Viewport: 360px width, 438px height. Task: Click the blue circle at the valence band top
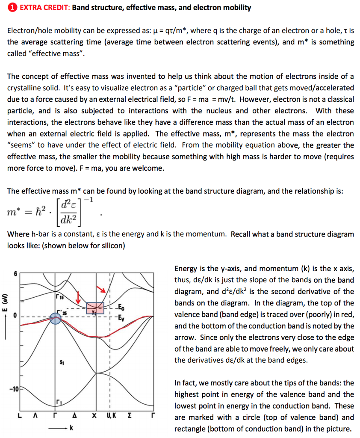55,317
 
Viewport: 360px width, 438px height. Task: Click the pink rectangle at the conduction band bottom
95,308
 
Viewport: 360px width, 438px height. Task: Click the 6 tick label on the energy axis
17,274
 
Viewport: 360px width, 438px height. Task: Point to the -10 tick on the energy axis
14,389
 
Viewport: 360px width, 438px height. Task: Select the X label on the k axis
95,415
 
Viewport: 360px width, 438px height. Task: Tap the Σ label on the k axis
130,415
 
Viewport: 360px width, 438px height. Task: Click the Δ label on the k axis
75,415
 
